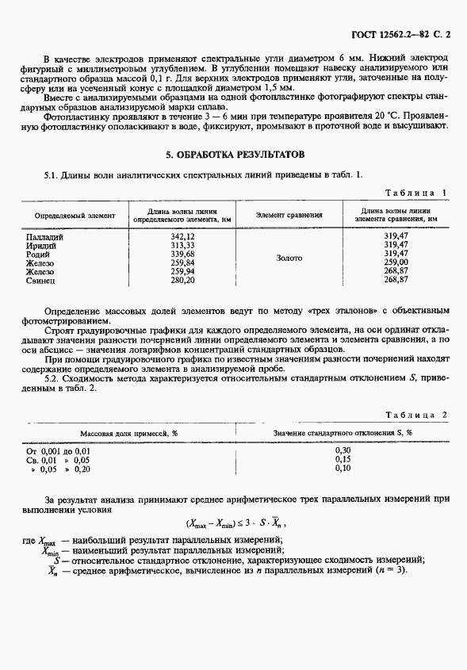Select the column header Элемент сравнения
[x=289, y=215]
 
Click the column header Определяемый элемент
[x=75, y=215]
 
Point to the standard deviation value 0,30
[x=343, y=450]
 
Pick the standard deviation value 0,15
[x=343, y=459]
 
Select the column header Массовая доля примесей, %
[x=129, y=434]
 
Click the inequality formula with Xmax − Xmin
[x=235, y=523]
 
